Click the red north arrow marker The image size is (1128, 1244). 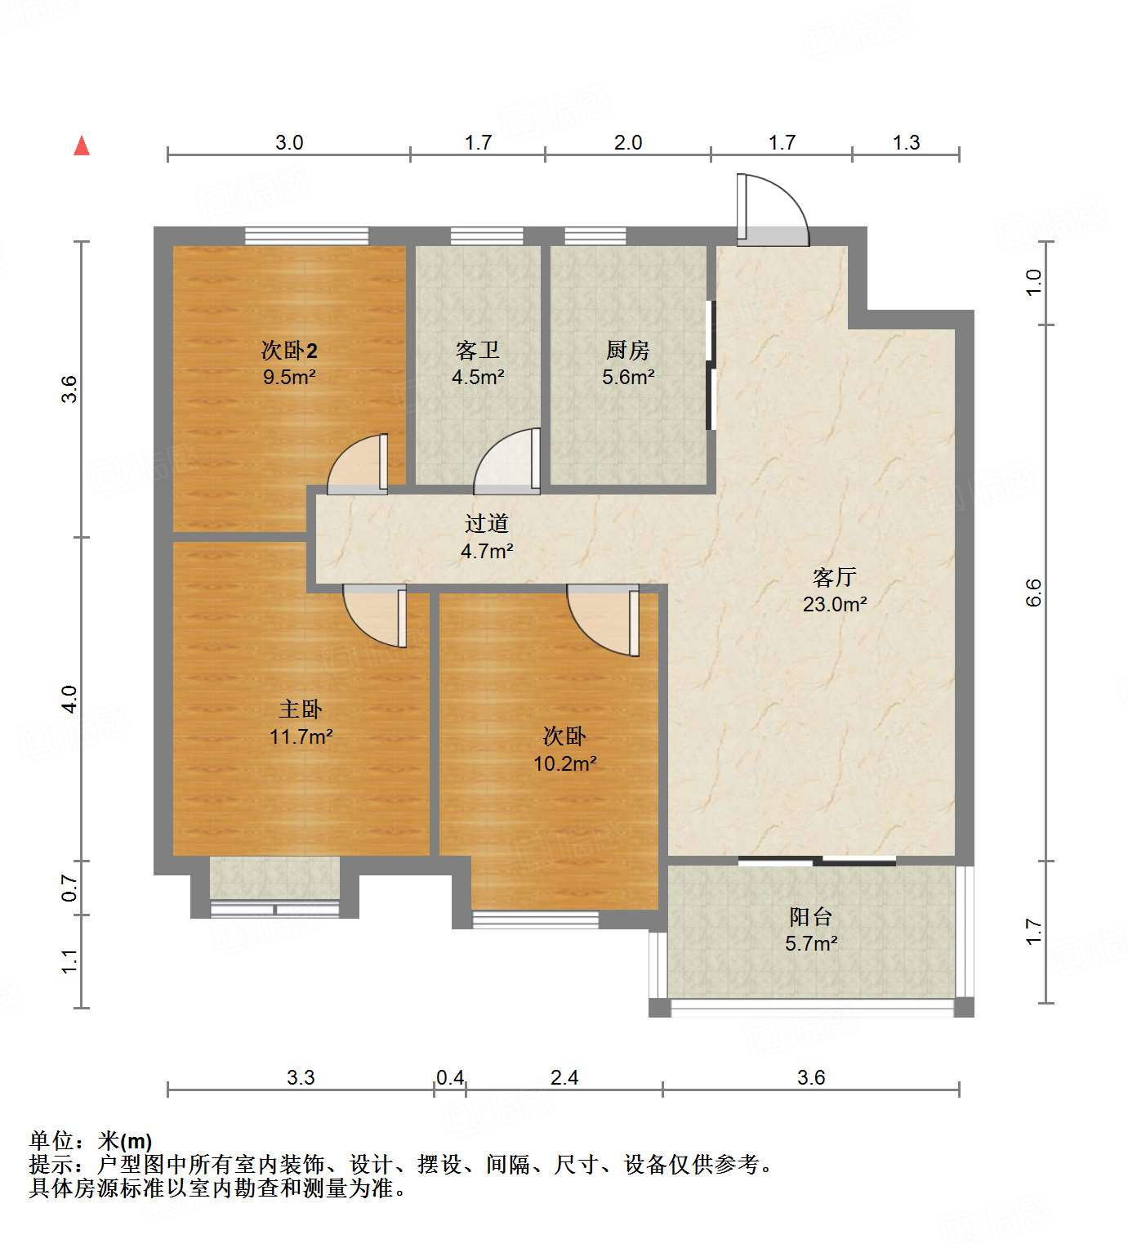coord(82,146)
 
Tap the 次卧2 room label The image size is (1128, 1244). coord(289,351)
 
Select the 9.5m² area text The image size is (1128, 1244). coord(289,378)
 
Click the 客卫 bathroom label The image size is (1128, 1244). coord(478,351)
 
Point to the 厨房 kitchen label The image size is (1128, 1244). coord(628,351)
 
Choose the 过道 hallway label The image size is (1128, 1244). coord(487,523)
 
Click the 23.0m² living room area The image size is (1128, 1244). coord(834,605)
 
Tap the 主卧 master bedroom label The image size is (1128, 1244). coord(301,709)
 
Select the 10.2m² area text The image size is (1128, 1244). coord(564,764)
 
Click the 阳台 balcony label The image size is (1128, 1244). coord(811,916)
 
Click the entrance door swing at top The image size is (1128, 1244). coord(772,210)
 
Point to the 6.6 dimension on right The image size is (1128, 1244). coord(1034,593)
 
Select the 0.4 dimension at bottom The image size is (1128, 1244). coord(450,1078)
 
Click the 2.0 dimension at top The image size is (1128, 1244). coord(628,143)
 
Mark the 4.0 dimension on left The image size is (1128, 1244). coord(69,699)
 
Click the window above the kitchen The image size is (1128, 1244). coord(595,236)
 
